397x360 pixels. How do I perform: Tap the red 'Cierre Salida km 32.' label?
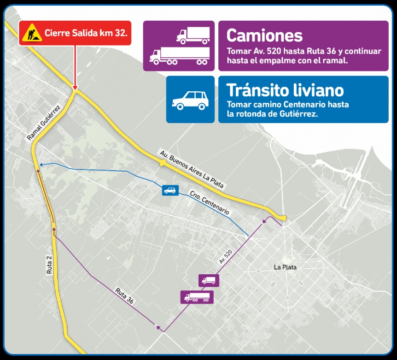click(86, 33)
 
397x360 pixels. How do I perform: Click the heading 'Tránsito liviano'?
click(285, 89)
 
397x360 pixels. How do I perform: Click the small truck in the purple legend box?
click(193, 35)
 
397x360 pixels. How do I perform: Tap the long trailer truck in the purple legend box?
click(180, 55)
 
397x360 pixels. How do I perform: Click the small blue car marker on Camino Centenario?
click(170, 190)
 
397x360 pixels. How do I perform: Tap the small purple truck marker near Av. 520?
click(209, 280)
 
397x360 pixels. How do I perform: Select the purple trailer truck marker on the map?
click(197, 297)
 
